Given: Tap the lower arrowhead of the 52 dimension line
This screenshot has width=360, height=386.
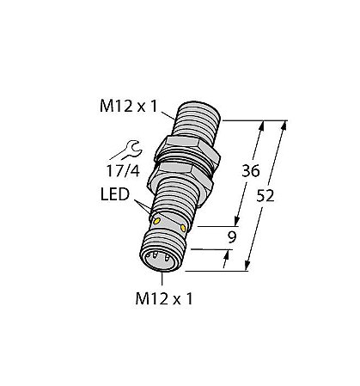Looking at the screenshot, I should (x=249, y=267).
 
